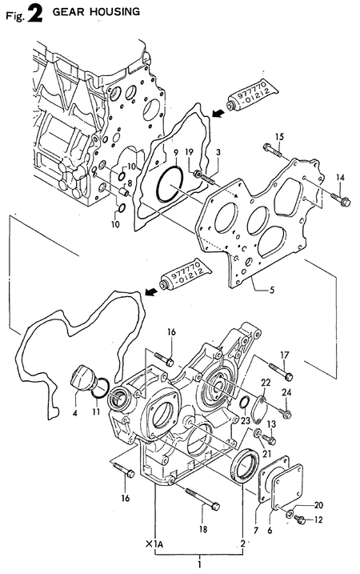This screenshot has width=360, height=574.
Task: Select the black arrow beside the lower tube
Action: pyautogui.click(x=150, y=292)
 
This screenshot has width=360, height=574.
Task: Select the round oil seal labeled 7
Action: pyautogui.click(x=244, y=464)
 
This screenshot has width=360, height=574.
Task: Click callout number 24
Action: pyautogui.click(x=286, y=392)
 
